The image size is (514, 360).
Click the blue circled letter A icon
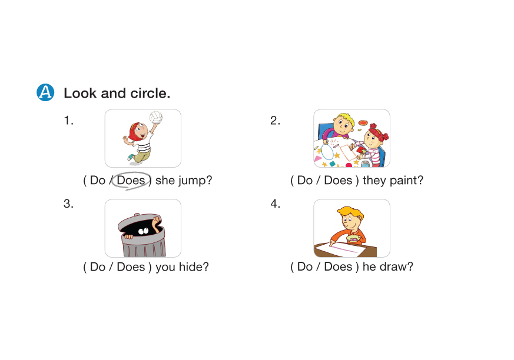pyautogui.click(x=45, y=92)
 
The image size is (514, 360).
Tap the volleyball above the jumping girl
pyautogui.click(x=155, y=117)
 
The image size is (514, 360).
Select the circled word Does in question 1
pyautogui.click(x=131, y=180)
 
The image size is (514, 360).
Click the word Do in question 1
pyautogui.click(x=97, y=180)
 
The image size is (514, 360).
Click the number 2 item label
pyautogui.click(x=275, y=121)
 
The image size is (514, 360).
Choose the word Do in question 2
pyautogui.click(x=305, y=180)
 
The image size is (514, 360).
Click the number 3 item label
pyautogui.click(x=68, y=204)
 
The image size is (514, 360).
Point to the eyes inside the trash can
pyautogui.click(x=143, y=231)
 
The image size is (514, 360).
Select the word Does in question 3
pyautogui.click(x=131, y=266)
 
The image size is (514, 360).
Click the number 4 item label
pyautogui.click(x=275, y=204)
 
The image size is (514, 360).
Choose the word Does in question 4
pyautogui.click(x=338, y=266)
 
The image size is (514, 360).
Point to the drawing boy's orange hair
pyautogui.click(x=350, y=212)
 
